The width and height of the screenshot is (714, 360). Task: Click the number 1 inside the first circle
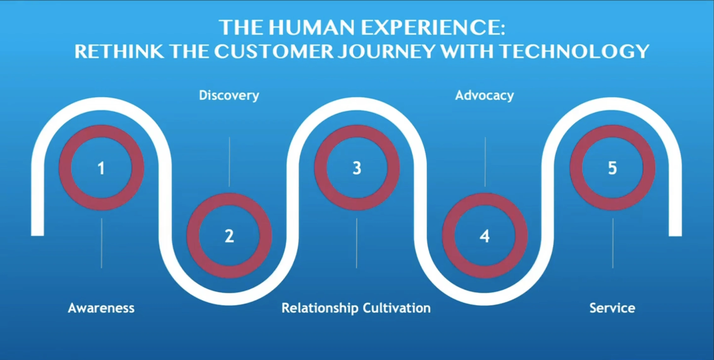101,168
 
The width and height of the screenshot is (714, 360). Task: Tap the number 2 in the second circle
229,236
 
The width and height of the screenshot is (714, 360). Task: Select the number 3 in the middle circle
357,168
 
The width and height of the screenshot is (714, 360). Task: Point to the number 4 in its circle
485,236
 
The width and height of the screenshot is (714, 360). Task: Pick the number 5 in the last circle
612,168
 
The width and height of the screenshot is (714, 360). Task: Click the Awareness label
101,308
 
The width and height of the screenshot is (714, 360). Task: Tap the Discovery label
229,95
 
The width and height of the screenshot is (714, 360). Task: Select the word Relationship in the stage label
319,308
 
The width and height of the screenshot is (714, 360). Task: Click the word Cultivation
396,308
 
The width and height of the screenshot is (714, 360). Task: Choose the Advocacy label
485,95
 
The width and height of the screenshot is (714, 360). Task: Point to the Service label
612,308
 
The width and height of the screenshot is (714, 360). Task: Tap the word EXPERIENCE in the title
432,27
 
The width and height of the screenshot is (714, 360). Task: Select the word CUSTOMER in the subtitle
274,51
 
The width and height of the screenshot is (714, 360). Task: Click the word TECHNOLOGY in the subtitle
574,51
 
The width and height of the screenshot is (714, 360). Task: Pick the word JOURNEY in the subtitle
386,51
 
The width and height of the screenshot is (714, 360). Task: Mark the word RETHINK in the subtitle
119,51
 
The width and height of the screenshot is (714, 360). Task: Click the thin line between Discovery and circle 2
229,162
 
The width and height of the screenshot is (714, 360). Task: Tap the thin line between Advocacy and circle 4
485,162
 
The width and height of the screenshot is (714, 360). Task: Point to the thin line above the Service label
613,243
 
